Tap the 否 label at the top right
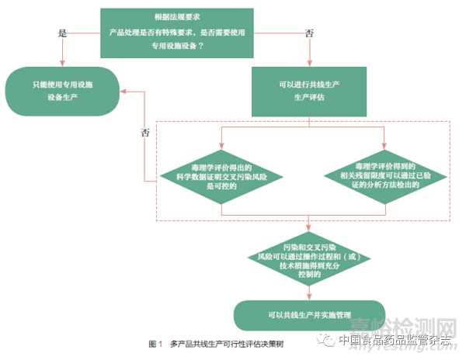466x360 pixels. click(310, 35)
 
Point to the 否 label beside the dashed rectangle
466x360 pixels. click(144, 132)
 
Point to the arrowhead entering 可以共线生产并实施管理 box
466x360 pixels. click(309, 296)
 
